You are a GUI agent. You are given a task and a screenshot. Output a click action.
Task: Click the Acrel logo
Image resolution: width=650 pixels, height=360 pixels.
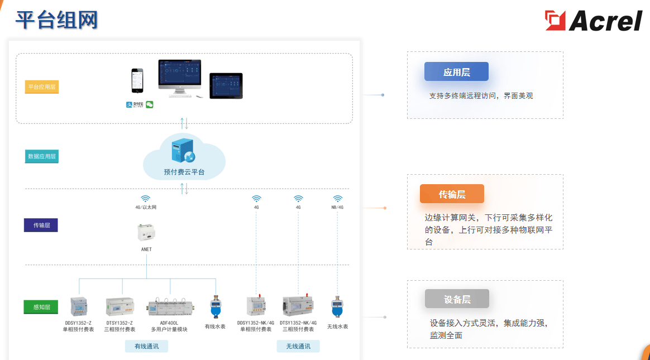pos(593,21)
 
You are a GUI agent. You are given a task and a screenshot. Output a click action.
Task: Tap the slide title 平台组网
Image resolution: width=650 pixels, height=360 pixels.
pos(56,20)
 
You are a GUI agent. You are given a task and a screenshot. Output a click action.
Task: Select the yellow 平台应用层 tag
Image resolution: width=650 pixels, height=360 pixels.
pos(42,87)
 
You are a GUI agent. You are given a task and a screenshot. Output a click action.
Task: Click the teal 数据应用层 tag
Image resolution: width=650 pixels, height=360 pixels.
pos(42,157)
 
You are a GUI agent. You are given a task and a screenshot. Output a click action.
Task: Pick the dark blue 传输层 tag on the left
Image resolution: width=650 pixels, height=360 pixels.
pos(41,225)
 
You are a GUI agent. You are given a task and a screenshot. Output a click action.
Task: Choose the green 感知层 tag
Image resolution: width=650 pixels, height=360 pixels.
pos(41,307)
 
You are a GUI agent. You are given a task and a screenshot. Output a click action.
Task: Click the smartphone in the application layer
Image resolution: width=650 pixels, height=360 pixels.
pos(137,81)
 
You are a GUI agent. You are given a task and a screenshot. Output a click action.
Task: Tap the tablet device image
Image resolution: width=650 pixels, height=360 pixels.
pos(226,85)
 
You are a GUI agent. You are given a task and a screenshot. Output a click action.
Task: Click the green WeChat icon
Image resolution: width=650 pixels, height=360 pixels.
pos(150,104)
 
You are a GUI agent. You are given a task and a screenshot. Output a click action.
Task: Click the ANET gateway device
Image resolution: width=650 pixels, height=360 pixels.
pos(146,232)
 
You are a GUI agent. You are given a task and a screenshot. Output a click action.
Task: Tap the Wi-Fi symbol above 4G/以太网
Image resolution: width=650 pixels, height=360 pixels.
pos(146,199)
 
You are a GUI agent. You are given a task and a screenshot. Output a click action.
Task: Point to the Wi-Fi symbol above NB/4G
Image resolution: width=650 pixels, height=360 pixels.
pos(337,199)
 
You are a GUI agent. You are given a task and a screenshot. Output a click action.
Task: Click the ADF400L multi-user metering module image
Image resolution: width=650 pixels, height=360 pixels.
pos(169,307)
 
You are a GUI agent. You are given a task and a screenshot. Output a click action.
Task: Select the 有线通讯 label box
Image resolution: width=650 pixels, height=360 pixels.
pos(146,347)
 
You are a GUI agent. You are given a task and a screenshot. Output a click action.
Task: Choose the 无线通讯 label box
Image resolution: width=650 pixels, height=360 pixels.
pos(298,347)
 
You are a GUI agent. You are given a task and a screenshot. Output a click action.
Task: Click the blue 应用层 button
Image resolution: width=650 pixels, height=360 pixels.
pos(456,72)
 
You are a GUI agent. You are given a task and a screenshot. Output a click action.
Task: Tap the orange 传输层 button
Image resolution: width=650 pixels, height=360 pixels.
pos(452,194)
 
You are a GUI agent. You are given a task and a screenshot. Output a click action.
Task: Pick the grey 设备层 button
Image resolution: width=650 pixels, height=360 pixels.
pos(457,299)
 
